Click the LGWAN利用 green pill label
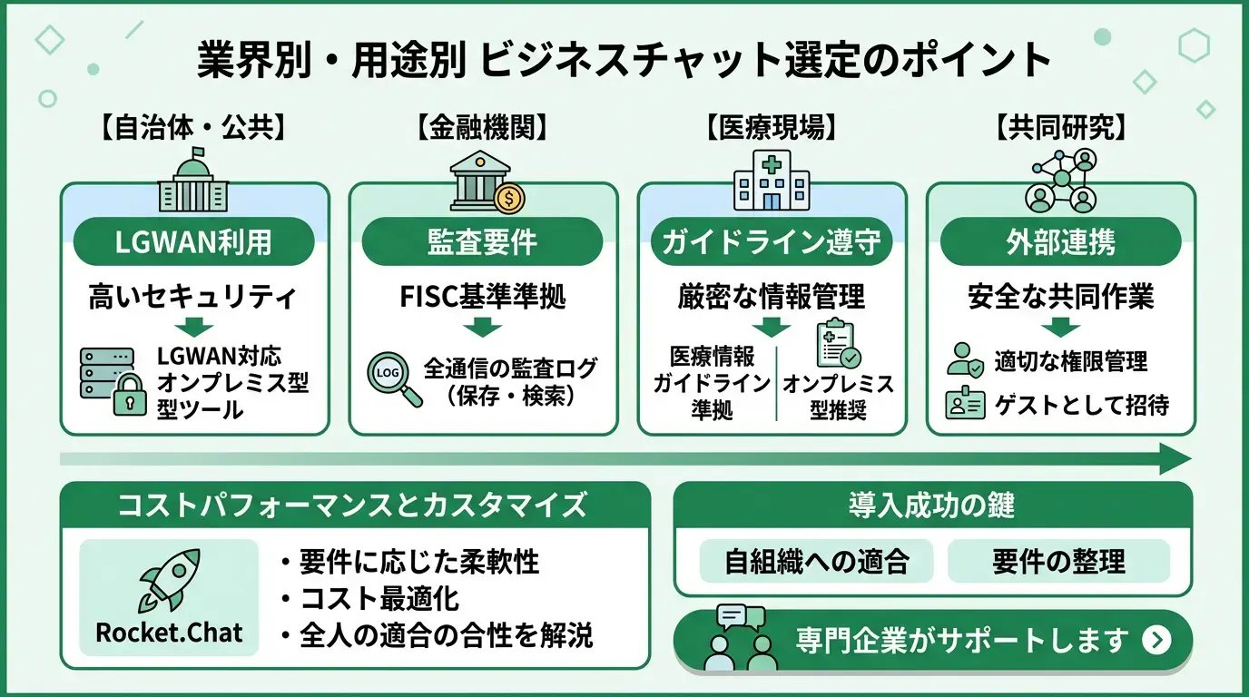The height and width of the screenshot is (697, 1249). [x=194, y=242]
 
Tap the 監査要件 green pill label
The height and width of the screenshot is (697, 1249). [x=483, y=242]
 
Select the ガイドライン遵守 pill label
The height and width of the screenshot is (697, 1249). [x=772, y=242]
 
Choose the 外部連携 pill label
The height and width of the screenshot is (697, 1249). [x=1060, y=242]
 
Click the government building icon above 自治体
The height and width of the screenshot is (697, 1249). [x=193, y=183]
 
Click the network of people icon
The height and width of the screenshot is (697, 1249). [x=1059, y=180]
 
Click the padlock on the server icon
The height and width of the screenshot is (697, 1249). [x=130, y=396]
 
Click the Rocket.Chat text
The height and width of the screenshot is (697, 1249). [x=169, y=632]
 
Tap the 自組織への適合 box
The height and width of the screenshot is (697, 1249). [x=816, y=562]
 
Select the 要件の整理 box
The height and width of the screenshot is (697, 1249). [x=1058, y=562]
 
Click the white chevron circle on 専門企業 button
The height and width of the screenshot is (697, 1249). [x=1156, y=640]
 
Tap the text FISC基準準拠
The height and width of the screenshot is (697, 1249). [x=483, y=298]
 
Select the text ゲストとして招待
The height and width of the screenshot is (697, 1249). [x=1081, y=404]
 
